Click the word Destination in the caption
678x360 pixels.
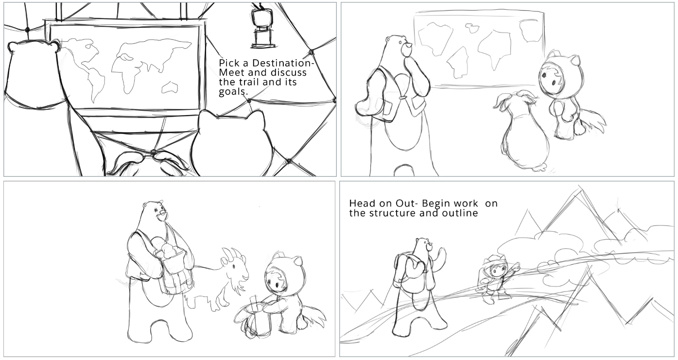click(283, 63)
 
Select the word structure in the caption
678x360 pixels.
click(393, 213)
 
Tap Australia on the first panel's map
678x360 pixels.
click(170, 87)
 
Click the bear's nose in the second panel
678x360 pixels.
click(408, 46)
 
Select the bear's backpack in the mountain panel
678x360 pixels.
click(407, 272)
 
